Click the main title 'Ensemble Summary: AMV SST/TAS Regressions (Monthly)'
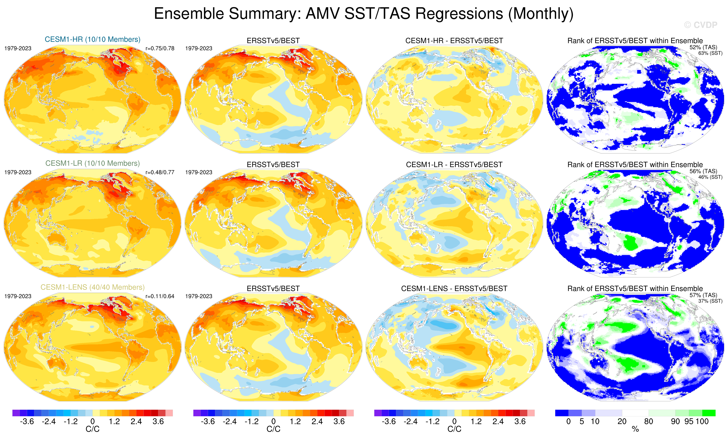(x=363, y=14)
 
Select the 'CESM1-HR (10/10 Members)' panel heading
(x=92, y=39)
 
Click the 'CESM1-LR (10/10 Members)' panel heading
(x=92, y=163)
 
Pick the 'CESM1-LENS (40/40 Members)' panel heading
(x=92, y=287)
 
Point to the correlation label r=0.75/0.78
(x=160, y=48)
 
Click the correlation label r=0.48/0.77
(x=160, y=172)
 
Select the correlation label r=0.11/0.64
(x=160, y=296)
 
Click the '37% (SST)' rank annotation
(x=710, y=301)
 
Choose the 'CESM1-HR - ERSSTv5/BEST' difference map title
(x=454, y=41)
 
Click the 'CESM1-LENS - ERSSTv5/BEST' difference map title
(x=454, y=289)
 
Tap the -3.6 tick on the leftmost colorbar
(x=27, y=422)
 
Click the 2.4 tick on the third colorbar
(x=498, y=422)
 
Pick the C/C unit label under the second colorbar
(x=273, y=429)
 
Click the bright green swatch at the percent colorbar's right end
(x=709, y=413)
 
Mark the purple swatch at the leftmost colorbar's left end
(x=16, y=413)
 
